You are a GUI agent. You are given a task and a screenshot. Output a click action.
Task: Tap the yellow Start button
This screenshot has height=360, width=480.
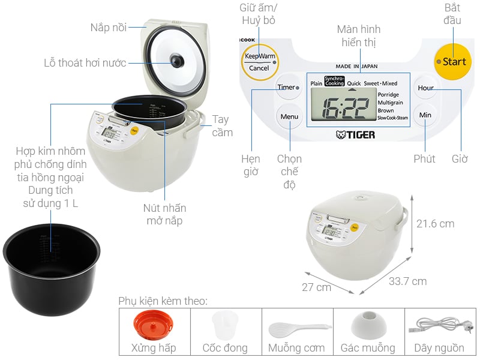[451, 62]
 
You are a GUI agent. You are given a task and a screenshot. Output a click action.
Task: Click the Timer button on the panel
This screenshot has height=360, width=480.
[289, 88]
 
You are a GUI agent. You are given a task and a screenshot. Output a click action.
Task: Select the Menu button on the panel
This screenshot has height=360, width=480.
[289, 116]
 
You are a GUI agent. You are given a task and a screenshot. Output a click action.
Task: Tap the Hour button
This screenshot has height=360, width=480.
[425, 88]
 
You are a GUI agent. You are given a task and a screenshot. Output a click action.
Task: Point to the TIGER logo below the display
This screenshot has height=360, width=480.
[355, 135]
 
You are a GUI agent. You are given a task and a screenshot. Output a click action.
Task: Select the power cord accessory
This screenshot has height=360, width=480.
[439, 328]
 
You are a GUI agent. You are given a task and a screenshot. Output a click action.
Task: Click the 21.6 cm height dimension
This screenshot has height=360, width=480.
[435, 224]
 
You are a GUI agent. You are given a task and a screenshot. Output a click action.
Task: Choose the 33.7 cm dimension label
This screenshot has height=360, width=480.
[407, 281]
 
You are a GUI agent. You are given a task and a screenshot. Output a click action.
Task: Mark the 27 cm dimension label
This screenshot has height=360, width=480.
[316, 287]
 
